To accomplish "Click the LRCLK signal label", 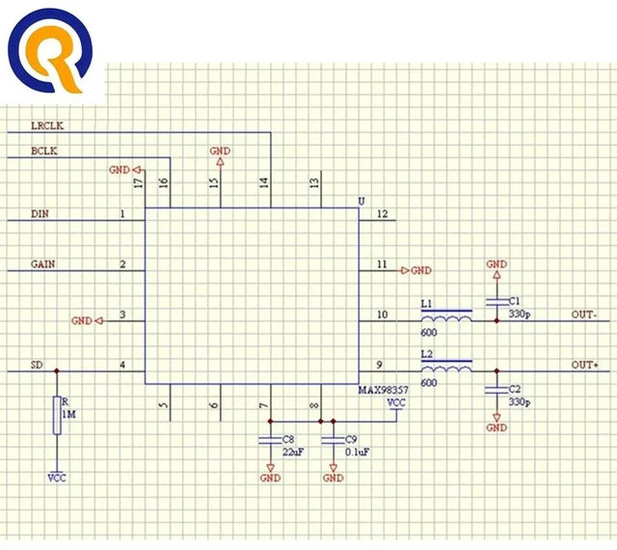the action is point(47,125).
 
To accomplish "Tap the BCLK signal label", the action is point(44,151).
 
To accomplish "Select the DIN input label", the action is point(40,214).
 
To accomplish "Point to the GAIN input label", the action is point(42,264).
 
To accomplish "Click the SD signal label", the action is point(37,365).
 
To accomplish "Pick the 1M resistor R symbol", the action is point(57,416).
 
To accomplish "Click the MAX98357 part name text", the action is point(384,390).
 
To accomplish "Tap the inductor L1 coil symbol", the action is point(446,316).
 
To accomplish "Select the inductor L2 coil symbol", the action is point(446,366).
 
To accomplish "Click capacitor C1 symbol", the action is point(497,302).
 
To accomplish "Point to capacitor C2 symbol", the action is point(497,390).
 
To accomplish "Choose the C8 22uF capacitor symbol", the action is point(270,440).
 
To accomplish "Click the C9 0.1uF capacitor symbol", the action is point(334,440).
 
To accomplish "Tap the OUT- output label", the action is point(584,315).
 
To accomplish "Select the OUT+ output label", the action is point(585,365).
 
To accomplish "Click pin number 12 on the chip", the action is point(383,214).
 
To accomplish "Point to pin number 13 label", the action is point(314,182).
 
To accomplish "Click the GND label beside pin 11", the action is point(421,271).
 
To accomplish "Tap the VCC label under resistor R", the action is point(57,478).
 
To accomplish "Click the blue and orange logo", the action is point(50,50).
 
